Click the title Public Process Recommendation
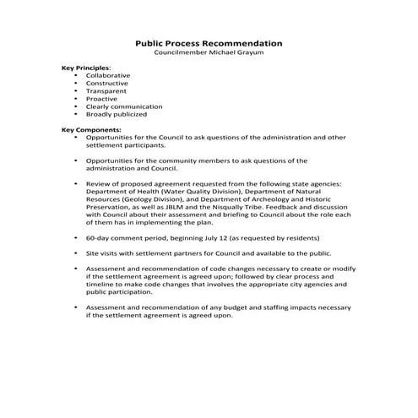[209, 43]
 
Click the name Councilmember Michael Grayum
[209, 52]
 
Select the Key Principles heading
[86, 68]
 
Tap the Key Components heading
[91, 129]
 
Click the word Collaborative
[108, 75]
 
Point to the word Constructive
[107, 83]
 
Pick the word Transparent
[106, 90]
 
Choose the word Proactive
[102, 98]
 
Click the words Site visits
[101, 253]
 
